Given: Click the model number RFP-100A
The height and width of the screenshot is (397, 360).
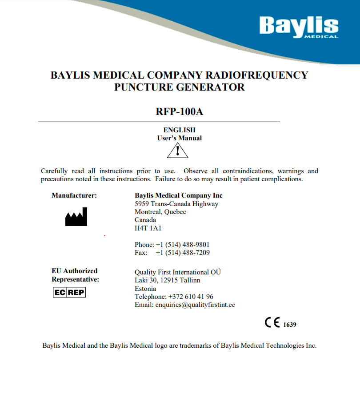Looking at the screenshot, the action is coord(180,111).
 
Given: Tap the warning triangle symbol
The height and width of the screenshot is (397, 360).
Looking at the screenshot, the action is coord(178,151).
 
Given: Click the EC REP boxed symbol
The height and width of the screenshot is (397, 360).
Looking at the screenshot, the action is coord(69,293).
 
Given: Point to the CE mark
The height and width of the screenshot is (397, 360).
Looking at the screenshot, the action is coord(272,323).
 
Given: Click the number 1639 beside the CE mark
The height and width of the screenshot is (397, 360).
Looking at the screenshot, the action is coord(289,325).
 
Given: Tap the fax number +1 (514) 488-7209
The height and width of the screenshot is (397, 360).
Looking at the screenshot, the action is coord(183,253).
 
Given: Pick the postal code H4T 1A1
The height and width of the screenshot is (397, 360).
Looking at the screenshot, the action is coord(148,228).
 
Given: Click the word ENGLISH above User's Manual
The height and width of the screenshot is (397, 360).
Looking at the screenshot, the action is coord(180,130).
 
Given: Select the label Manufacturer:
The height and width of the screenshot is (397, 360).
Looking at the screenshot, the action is coord(74,195).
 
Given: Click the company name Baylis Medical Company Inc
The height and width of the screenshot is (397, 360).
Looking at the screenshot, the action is coord(179,195).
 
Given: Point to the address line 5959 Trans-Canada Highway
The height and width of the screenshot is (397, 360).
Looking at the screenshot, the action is coord(176,204).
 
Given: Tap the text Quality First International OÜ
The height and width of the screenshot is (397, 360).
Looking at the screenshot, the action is coord(178,272).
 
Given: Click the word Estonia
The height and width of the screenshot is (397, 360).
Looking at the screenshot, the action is coord(145,289).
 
